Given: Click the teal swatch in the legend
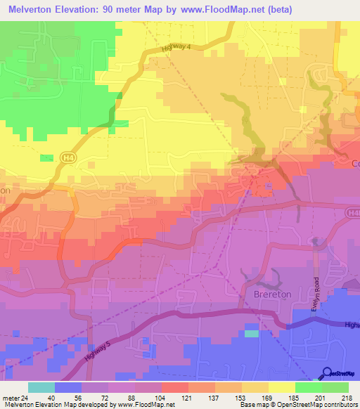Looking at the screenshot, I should [41, 387].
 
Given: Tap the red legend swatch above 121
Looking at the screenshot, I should [175, 387].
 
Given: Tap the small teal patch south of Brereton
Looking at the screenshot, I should [252, 334].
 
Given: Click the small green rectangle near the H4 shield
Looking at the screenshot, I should [46, 157].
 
